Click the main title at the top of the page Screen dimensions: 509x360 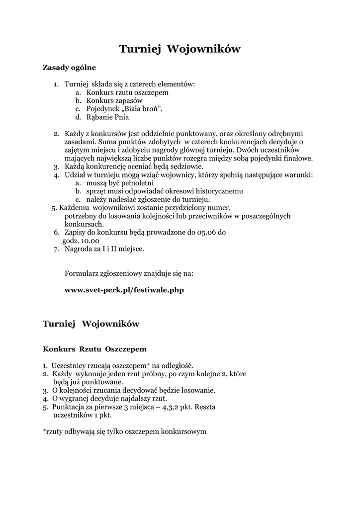pyautogui.click(x=180, y=49)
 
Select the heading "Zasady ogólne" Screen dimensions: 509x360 pyautogui.click(x=69, y=67)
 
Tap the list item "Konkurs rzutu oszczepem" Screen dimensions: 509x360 pyautogui.click(x=127, y=92)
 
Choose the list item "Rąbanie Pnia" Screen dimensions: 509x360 pyautogui.click(x=107, y=117)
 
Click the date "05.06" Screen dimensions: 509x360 pyautogui.click(x=207, y=232)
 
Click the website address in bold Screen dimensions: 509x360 pyautogui.click(x=124, y=289)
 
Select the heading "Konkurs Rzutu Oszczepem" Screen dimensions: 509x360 pyautogui.click(x=94, y=349)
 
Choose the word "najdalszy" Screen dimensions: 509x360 pyautogui.click(x=129, y=399)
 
